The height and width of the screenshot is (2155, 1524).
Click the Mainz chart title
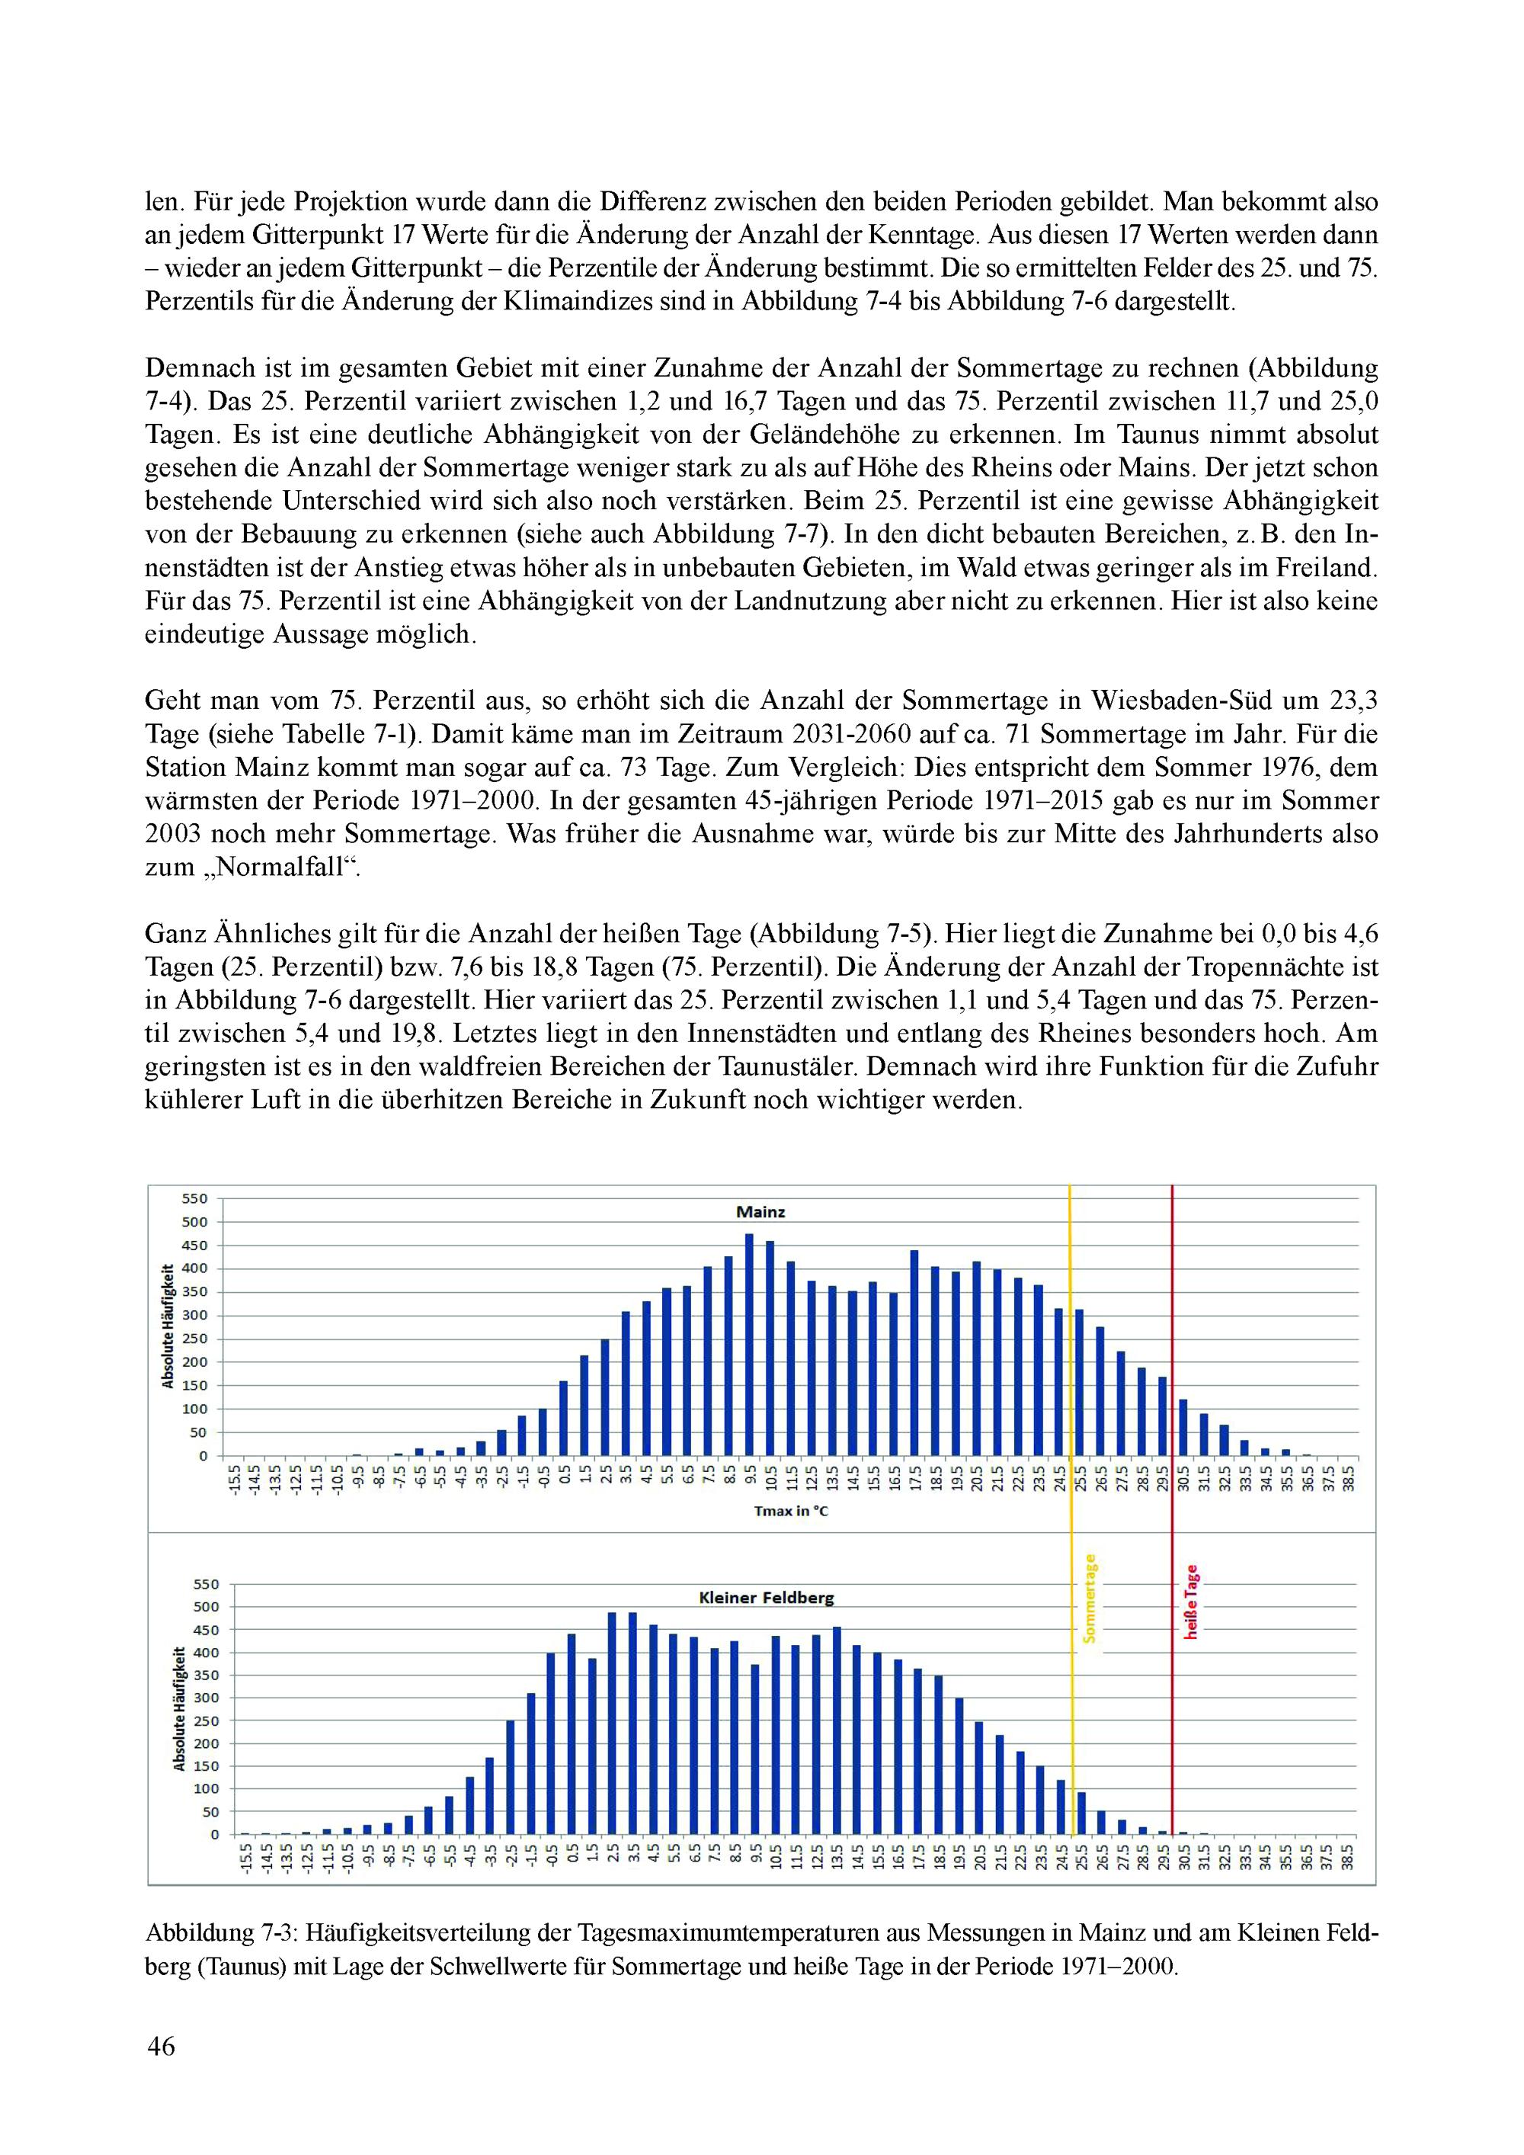(x=760, y=1212)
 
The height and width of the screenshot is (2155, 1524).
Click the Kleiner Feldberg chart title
(x=766, y=1598)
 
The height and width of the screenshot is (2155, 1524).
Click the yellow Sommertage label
(x=1090, y=1599)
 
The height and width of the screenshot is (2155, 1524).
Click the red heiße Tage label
(x=1191, y=1602)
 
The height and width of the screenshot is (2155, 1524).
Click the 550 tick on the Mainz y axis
(x=195, y=1198)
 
